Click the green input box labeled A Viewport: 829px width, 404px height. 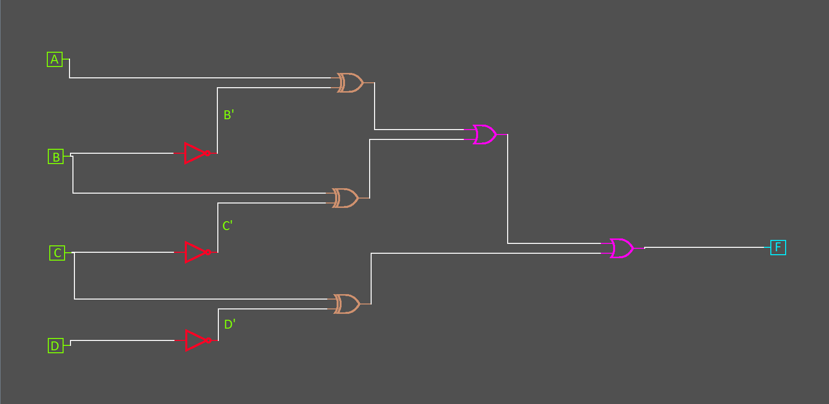pos(55,59)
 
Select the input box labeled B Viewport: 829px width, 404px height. pos(56,157)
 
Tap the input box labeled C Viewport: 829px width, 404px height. pos(57,253)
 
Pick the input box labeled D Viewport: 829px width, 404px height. pos(55,345)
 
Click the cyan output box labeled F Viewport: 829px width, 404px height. pos(778,247)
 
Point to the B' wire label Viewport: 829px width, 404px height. pos(229,115)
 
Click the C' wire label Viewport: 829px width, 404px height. pos(227,226)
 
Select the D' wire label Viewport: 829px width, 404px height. pos(230,324)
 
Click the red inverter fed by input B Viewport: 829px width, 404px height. pos(194,153)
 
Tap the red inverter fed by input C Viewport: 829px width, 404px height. pos(195,252)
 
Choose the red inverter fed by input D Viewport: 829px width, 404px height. pos(196,340)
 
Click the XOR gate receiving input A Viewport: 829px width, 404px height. pos(350,83)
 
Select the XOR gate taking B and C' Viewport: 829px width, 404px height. pos(345,198)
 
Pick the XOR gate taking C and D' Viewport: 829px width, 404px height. pos(347,304)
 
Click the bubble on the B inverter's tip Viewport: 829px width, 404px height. pos(208,153)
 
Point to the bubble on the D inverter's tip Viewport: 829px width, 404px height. pos(209,340)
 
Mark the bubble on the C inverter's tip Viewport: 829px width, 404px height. pos(208,252)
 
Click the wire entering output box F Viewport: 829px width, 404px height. pos(705,247)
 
